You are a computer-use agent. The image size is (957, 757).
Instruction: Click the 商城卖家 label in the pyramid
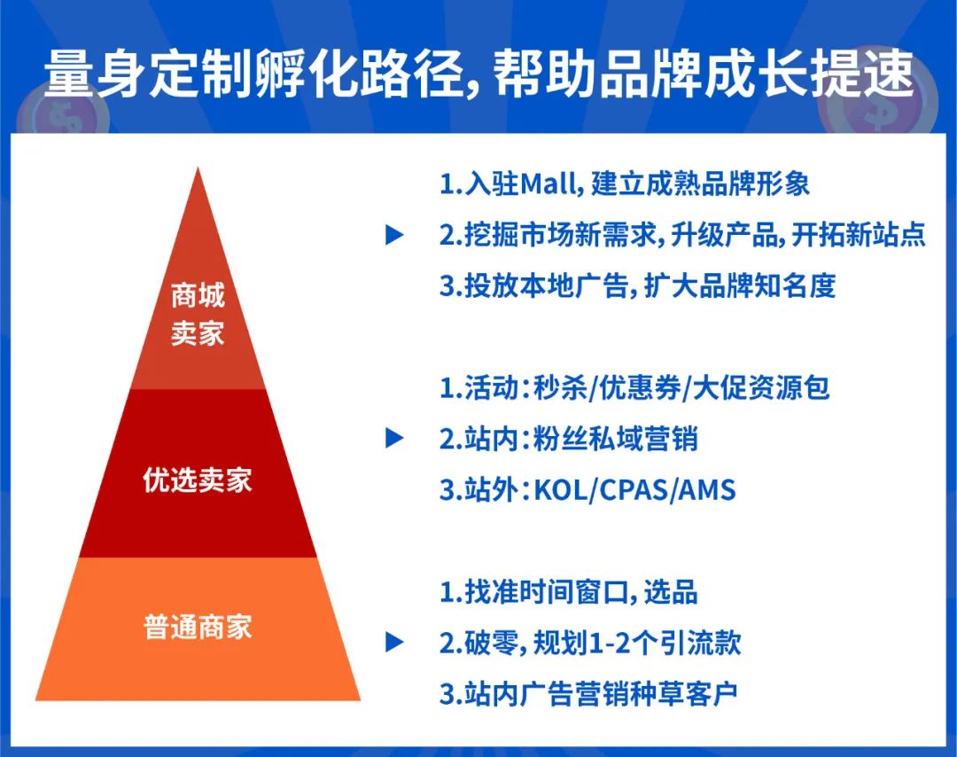pyautogui.click(x=198, y=314)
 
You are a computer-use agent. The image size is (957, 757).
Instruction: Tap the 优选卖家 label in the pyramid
pyautogui.click(x=198, y=480)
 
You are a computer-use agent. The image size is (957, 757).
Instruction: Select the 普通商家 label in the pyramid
pyautogui.click(x=198, y=627)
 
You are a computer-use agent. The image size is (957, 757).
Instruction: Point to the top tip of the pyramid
pyautogui.click(x=198, y=170)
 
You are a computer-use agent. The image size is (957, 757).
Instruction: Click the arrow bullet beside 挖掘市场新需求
pyautogui.click(x=394, y=235)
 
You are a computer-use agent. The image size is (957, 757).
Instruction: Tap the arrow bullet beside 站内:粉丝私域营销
pyautogui.click(x=394, y=438)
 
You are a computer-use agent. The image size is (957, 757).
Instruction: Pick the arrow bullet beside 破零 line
pyautogui.click(x=394, y=643)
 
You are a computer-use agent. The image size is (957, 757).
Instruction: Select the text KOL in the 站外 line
pyautogui.click(x=564, y=489)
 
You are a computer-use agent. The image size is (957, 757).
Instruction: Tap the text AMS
pyautogui.click(x=706, y=489)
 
